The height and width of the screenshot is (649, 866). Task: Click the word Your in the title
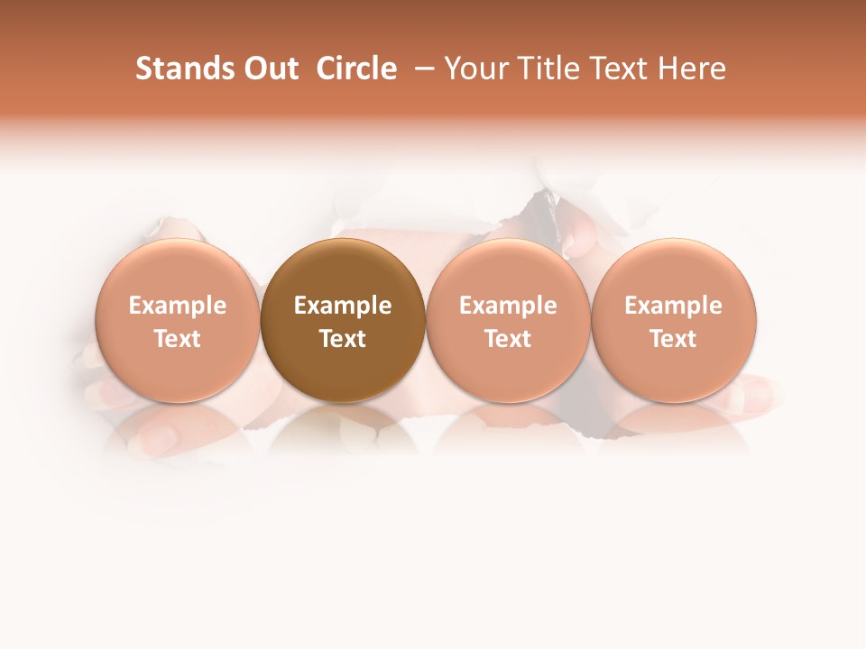pos(474,69)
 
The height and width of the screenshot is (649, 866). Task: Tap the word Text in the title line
pos(613,69)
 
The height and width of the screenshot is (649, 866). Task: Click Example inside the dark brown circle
pos(343,306)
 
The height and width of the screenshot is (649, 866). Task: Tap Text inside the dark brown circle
pos(343,339)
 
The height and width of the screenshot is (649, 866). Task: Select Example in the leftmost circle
pos(177,306)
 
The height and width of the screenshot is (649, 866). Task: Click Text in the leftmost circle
pos(177,339)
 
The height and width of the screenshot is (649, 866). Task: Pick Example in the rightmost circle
pos(673,306)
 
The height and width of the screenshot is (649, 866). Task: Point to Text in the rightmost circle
pos(673,339)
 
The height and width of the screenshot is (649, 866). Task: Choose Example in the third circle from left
pos(508,306)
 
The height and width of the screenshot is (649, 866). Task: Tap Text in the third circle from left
pos(508,339)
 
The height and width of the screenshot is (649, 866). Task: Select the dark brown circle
pos(343,270)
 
